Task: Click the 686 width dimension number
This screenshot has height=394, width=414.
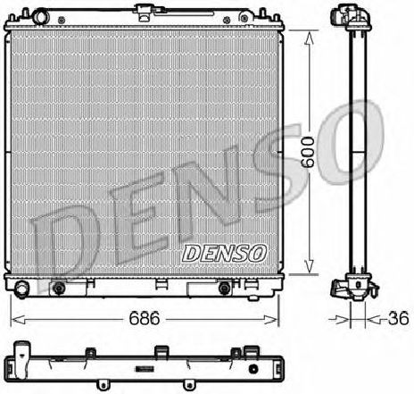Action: pos(144,318)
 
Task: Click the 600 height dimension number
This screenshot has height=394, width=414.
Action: pos(308,152)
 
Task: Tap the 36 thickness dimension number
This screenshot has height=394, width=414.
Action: pos(399,318)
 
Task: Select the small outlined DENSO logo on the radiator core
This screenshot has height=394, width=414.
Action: pos(224,254)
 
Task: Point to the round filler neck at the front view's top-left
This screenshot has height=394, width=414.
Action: pos(39,16)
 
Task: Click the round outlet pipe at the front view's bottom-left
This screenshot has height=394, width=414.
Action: pos(21,289)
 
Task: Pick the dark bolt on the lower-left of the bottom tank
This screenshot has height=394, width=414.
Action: pos(59,288)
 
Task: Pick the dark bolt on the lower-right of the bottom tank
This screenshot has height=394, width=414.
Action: pos(224,288)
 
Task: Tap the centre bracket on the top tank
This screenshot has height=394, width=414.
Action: pos(145,13)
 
